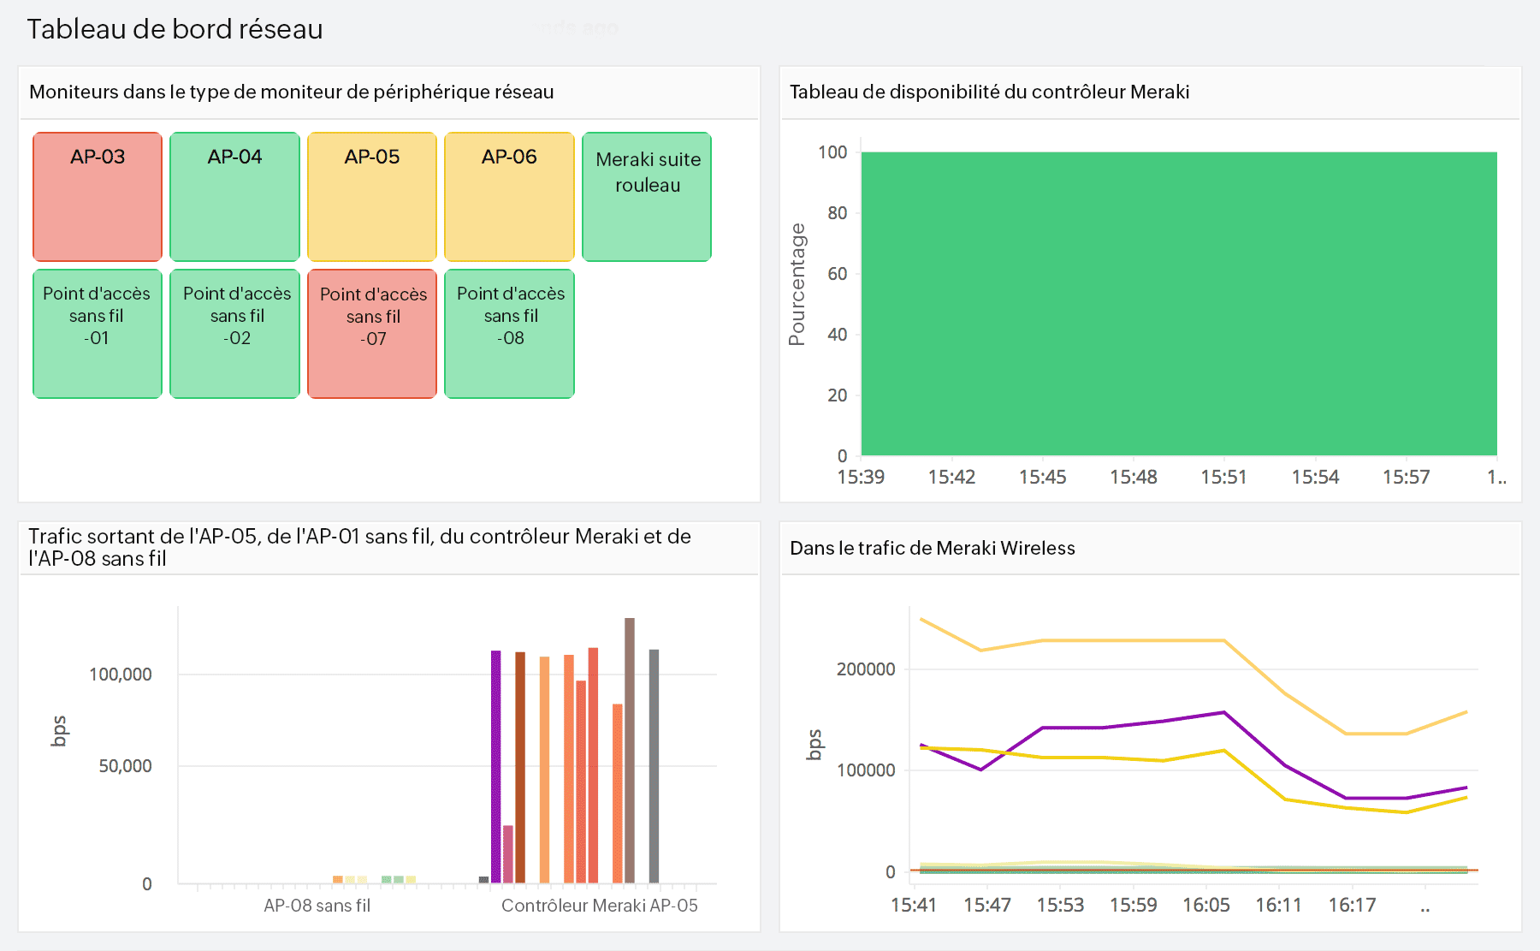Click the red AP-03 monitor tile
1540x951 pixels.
click(98, 197)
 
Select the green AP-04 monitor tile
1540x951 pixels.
click(234, 197)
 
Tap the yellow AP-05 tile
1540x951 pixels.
click(372, 197)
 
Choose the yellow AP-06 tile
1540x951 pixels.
click(509, 197)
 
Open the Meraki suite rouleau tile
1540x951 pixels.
click(647, 197)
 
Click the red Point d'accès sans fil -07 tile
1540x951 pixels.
click(372, 334)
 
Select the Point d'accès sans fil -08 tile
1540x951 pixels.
click(509, 334)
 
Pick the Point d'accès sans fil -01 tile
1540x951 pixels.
click(98, 334)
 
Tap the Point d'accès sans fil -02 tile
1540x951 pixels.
click(234, 334)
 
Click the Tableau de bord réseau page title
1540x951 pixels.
click(175, 29)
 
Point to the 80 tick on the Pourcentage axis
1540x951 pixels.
click(837, 213)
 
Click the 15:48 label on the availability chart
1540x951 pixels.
click(1133, 477)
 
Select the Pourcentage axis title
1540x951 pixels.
click(797, 284)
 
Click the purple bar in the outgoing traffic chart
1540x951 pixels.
click(495, 766)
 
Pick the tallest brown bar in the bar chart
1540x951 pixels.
click(630, 749)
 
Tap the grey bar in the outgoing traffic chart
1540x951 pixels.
click(654, 766)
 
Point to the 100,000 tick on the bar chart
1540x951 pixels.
click(121, 675)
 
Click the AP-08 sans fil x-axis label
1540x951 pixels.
click(317, 906)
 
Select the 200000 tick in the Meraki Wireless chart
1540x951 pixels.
click(866, 669)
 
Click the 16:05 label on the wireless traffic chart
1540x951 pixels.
click(1205, 905)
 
